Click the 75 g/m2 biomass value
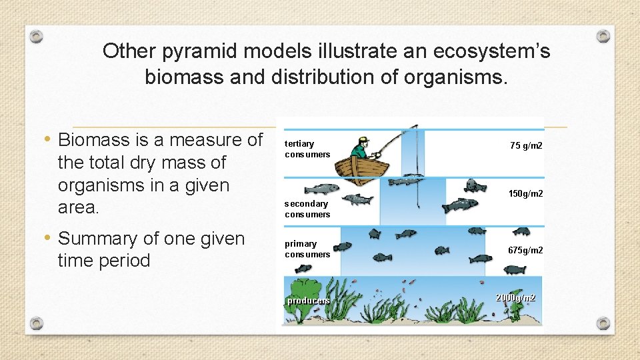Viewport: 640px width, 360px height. click(526, 145)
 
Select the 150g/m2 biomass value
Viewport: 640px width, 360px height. click(525, 193)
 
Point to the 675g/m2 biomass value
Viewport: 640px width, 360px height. click(525, 250)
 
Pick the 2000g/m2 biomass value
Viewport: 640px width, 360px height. click(515, 297)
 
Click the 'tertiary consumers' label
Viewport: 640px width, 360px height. click(307, 149)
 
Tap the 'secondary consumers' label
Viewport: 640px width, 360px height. click(307, 209)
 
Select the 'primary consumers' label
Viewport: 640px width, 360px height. click(307, 249)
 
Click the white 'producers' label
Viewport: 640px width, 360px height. click(308, 301)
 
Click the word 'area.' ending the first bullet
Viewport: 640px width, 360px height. click(79, 207)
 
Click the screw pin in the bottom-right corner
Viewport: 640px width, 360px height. click(603, 323)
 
